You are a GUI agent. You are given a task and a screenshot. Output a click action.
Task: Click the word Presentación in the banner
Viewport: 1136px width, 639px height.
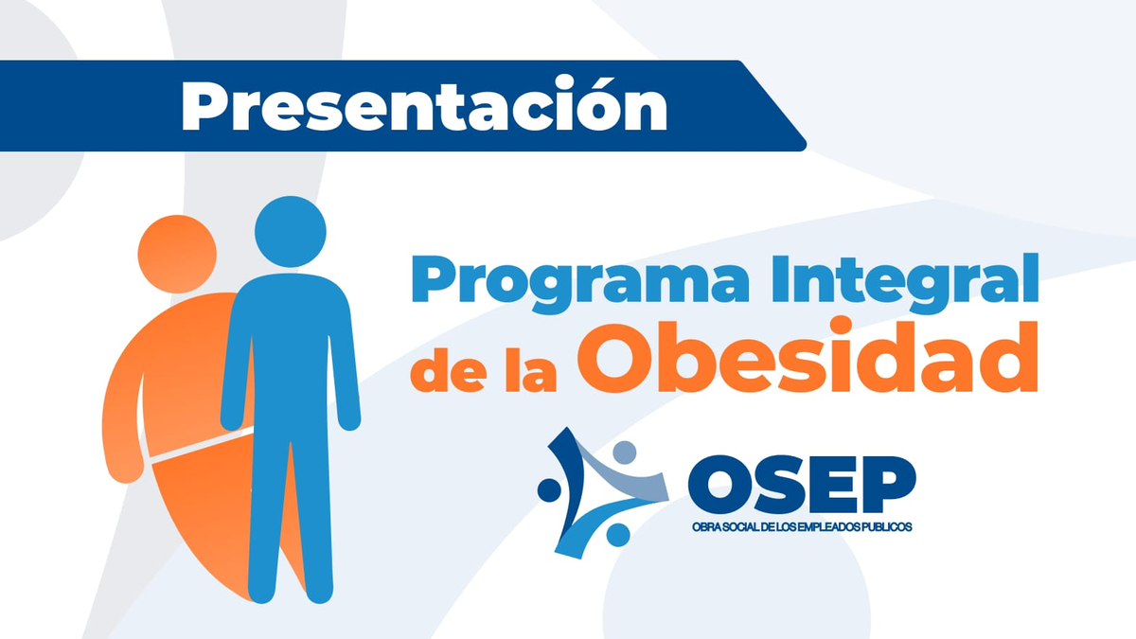424,105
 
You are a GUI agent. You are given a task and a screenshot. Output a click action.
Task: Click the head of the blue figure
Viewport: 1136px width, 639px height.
291,232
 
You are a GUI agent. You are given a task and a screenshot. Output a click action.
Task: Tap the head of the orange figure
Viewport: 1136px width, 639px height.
176,253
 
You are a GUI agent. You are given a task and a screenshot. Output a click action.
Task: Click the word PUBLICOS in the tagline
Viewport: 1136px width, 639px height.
886,526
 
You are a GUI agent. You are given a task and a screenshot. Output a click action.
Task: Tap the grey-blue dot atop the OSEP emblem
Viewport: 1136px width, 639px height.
624,453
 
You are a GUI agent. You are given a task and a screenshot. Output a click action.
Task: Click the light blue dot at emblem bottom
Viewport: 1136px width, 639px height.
617,535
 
